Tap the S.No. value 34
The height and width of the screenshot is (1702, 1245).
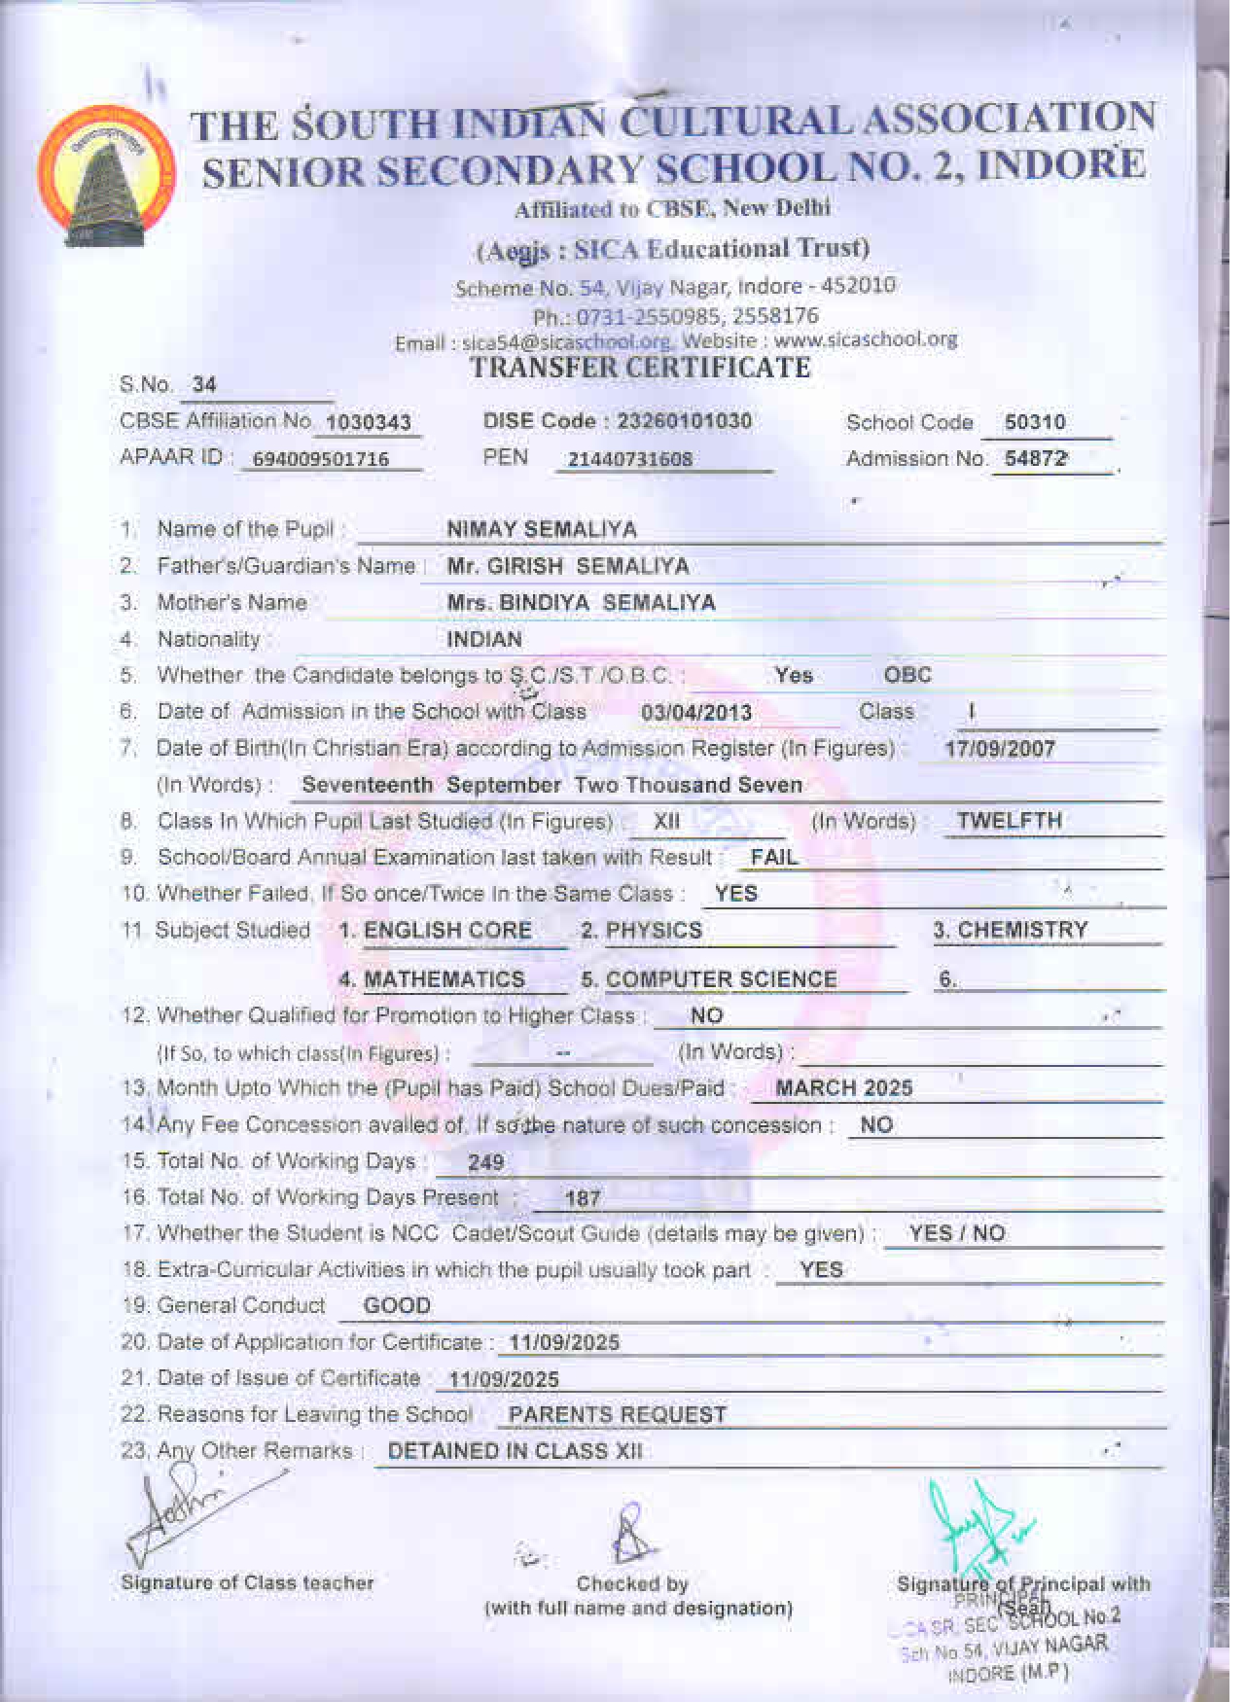click(x=204, y=384)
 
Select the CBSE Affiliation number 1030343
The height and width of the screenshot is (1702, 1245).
click(x=369, y=422)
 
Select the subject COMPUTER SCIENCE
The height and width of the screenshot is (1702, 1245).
click(x=721, y=979)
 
